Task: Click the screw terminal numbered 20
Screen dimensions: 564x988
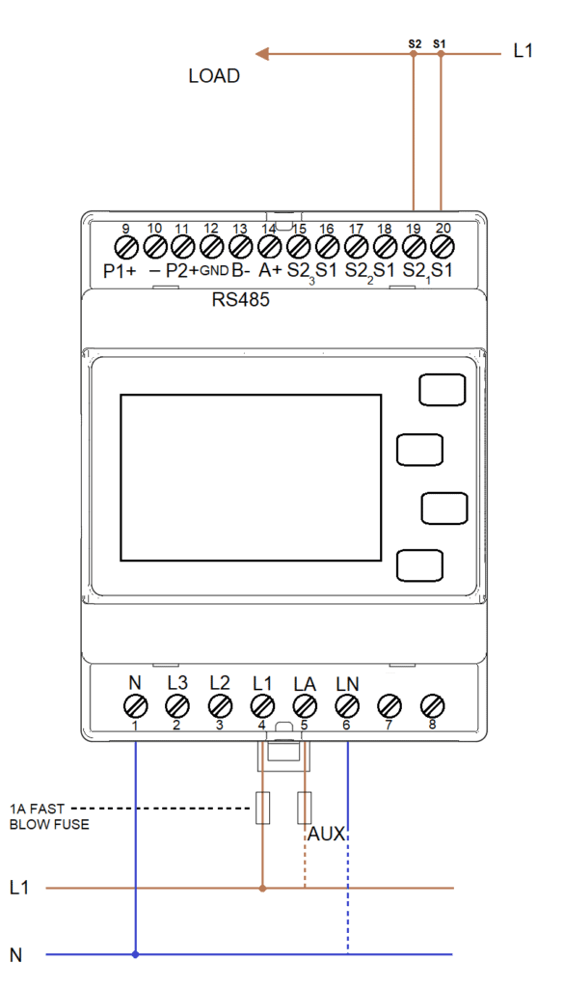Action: point(442,244)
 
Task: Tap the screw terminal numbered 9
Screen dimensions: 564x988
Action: point(125,244)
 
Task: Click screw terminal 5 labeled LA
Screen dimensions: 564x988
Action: point(305,703)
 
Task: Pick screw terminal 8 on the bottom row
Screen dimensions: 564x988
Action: point(432,703)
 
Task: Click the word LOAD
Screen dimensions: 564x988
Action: point(215,76)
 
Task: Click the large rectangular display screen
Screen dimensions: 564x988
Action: point(251,477)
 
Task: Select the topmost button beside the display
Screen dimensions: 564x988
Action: point(443,390)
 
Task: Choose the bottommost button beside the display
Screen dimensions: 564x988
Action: point(419,564)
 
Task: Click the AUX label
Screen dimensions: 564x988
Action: point(326,835)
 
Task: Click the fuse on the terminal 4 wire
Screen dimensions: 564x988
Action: point(263,808)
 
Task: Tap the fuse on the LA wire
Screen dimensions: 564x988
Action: point(305,808)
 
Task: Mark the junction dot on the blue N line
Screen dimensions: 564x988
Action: point(135,954)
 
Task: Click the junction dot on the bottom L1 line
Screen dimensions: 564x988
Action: point(263,889)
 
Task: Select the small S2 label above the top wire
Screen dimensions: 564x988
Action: point(415,43)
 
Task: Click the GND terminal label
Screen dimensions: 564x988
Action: point(214,272)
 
